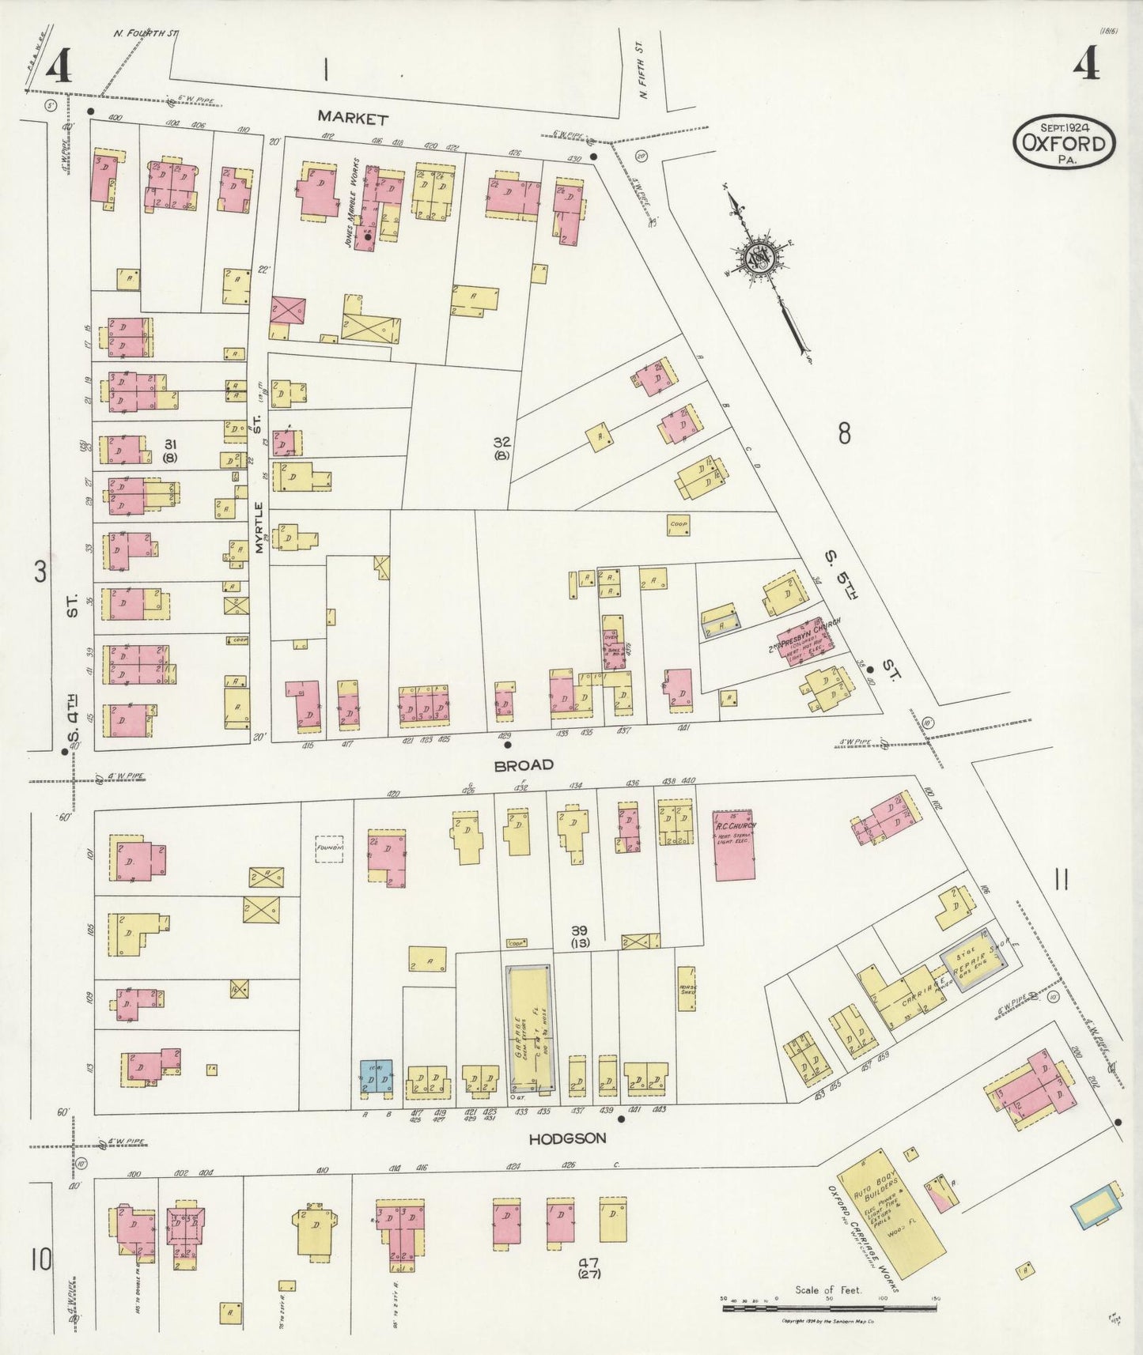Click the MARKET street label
point(353,119)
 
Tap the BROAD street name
point(524,765)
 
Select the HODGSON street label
point(567,1138)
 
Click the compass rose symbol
point(763,257)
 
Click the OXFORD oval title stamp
point(1064,142)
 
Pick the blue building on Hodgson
point(376,1077)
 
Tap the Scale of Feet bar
point(829,1308)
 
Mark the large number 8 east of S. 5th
point(845,433)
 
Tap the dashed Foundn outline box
point(329,848)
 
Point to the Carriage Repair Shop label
point(949,980)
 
